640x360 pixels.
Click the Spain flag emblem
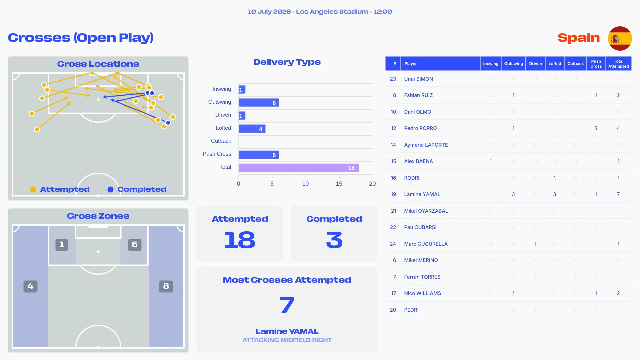[620, 38]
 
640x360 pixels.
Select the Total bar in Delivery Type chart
[299, 168]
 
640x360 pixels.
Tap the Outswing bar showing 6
[259, 103]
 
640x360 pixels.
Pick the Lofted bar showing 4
[252, 129]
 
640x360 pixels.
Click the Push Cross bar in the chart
[259, 155]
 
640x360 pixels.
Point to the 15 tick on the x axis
[339, 184]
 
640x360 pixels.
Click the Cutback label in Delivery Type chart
[221, 141]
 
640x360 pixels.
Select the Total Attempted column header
[618, 64]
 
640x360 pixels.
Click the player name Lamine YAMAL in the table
[422, 194]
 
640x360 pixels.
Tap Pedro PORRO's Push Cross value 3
[596, 128]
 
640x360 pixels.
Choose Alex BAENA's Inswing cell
[491, 161]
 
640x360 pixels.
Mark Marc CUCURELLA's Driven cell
[535, 244]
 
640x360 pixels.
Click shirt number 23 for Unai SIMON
[393, 79]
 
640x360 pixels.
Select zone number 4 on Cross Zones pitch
[30, 286]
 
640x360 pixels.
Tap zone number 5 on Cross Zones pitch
[135, 245]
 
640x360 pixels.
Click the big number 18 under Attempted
[240, 240]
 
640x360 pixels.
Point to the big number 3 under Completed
[334, 240]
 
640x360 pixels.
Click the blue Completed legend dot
[110, 190]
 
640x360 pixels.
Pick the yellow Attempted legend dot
[33, 190]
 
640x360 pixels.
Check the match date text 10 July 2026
[269, 12]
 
